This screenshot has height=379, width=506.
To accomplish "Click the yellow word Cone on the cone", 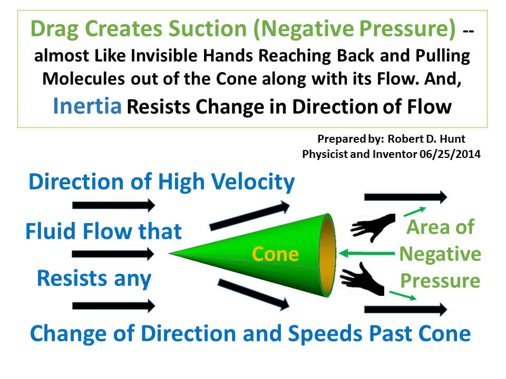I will coord(275,254).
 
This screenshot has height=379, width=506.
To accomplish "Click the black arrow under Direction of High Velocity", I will coord(114,204).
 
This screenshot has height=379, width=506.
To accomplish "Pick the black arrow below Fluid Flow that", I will coord(114,254).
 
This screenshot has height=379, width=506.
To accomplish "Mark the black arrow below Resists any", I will coord(114,305).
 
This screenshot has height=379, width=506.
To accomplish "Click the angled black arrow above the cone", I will coord(250,216).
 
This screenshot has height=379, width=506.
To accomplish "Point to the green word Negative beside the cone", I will coord(440,254).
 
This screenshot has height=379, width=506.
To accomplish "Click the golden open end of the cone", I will coord(328,254).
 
